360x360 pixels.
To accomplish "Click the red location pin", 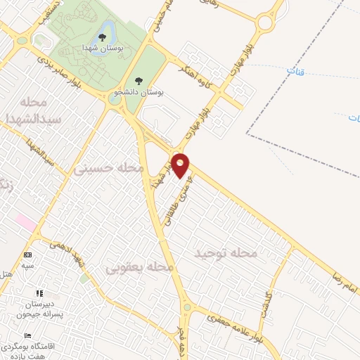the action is pos(181,165).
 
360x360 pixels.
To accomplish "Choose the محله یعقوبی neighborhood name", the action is pos(139,268).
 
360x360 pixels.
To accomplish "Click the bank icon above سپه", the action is pos(27,255).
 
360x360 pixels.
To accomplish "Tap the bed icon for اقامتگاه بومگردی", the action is pos(27,337).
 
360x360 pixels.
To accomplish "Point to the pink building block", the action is pos(25,222).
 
